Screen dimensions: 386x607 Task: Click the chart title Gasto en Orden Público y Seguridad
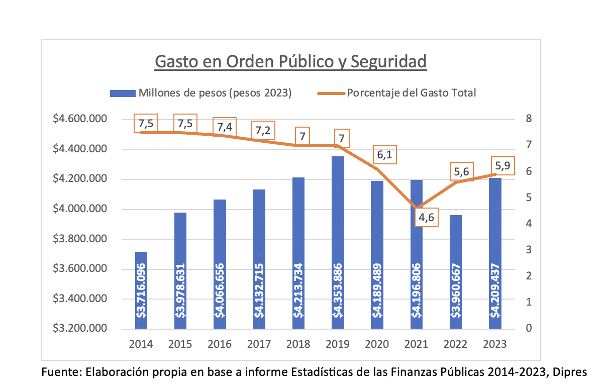(290, 62)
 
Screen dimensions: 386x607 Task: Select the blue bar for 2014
(141, 291)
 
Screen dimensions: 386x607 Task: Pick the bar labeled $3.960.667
(456, 272)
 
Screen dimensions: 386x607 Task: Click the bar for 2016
(220, 264)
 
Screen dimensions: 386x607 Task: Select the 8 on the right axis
(529, 119)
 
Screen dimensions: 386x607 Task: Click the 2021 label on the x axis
(417, 344)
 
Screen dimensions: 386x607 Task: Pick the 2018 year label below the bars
(298, 344)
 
